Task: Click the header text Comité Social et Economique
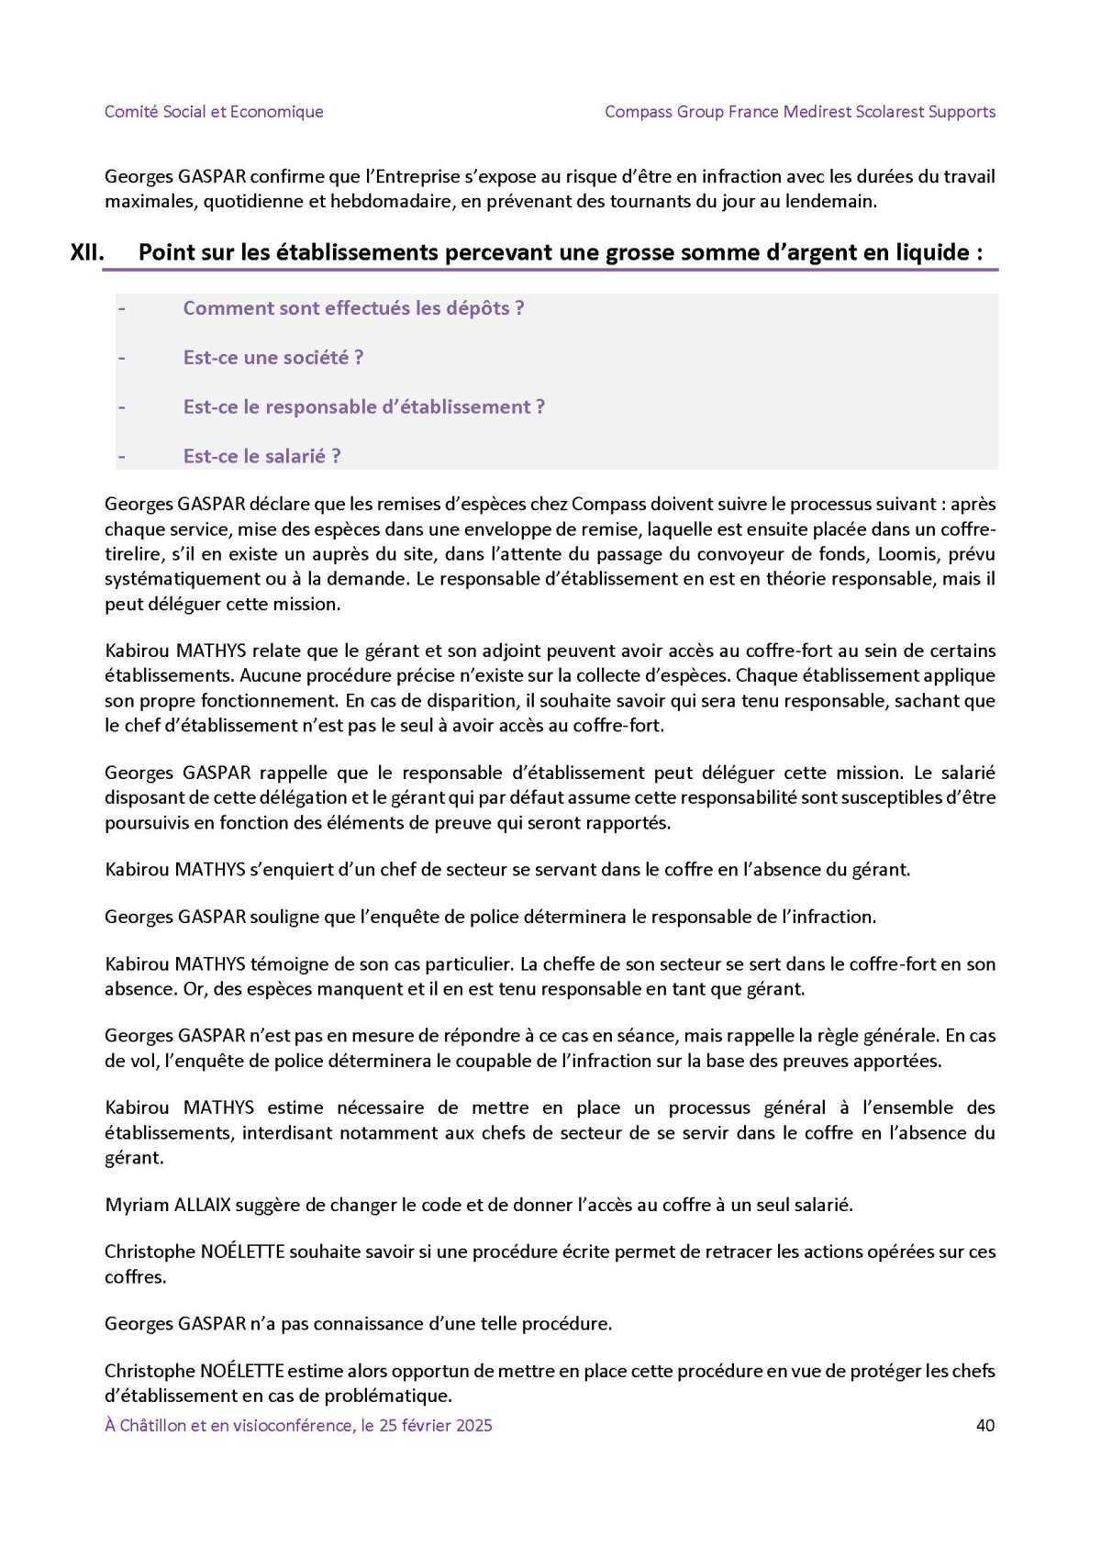click(214, 112)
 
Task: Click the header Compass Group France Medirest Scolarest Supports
click(800, 112)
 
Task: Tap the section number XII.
click(87, 252)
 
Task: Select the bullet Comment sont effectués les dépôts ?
click(353, 308)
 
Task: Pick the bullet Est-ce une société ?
click(272, 358)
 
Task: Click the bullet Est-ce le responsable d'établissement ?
click(363, 407)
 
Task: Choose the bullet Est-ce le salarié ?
click(261, 457)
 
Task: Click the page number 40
click(985, 1425)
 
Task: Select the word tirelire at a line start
click(132, 554)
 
